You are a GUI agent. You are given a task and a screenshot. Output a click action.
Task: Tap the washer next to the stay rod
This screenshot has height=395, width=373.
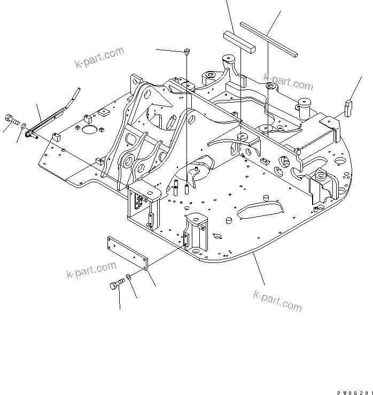(23, 126)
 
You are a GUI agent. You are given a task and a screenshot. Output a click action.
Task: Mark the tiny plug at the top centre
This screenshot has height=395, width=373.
(186, 51)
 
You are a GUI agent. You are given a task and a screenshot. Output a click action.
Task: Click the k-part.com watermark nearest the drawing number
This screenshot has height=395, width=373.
(277, 300)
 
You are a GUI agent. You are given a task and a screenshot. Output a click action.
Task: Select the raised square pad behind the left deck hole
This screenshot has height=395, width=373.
(104, 112)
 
